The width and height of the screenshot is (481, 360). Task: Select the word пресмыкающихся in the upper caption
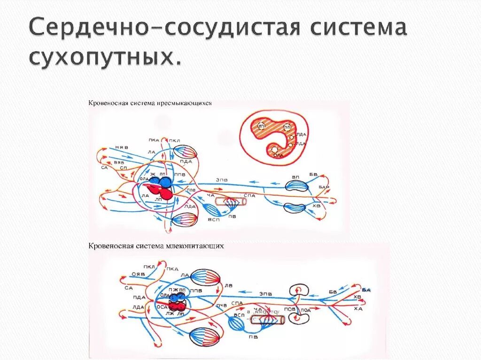(x=190, y=104)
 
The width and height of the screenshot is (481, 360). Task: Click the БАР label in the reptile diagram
(x=324, y=187)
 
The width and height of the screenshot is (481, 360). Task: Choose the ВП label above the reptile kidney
(x=295, y=177)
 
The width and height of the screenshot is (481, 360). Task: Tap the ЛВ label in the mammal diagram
(x=229, y=284)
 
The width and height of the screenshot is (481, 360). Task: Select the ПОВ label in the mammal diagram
(x=290, y=309)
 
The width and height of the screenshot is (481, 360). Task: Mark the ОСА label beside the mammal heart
(x=162, y=306)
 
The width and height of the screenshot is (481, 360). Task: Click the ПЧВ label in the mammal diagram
(x=222, y=306)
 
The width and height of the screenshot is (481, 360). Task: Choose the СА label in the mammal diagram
(x=128, y=288)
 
